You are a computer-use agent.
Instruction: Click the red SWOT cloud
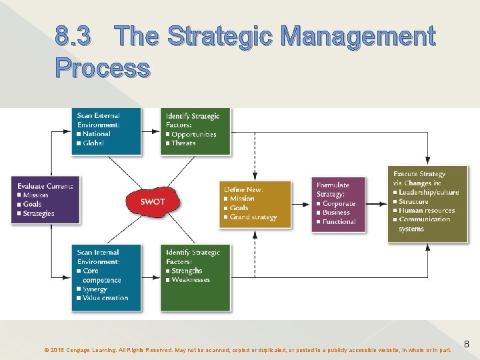(x=152, y=201)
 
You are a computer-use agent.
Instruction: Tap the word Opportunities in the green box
(x=193, y=134)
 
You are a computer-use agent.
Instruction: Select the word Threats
(x=183, y=143)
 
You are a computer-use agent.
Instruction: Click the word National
(x=97, y=134)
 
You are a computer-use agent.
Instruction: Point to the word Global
(x=93, y=143)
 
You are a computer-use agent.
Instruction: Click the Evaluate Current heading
(x=45, y=186)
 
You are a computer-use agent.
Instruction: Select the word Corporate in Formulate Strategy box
(x=339, y=203)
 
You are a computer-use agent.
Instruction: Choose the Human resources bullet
(x=427, y=210)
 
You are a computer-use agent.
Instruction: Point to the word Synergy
(x=95, y=289)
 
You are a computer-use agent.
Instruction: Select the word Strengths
(x=187, y=271)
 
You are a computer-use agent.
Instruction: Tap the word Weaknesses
(x=191, y=279)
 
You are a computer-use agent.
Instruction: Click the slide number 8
(x=467, y=345)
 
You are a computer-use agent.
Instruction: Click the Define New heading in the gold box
(x=243, y=189)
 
